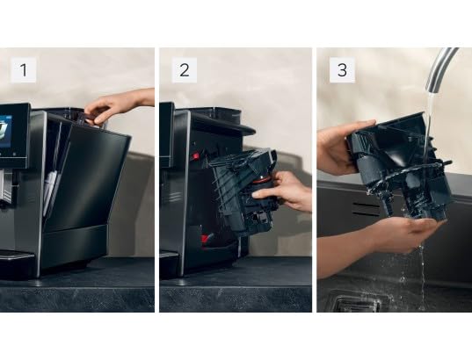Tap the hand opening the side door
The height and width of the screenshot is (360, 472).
[114, 105]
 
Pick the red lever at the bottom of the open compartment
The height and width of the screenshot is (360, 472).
[204, 238]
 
